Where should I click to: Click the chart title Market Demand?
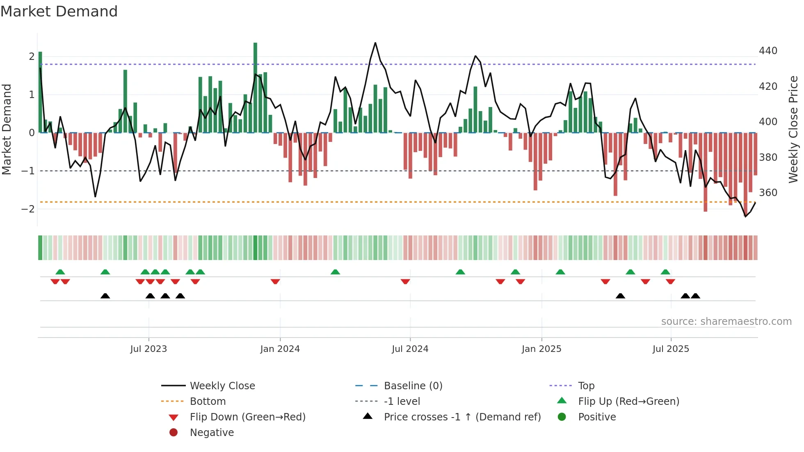tap(59, 11)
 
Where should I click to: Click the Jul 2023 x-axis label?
tap(148, 349)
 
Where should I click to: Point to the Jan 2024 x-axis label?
tap(280, 349)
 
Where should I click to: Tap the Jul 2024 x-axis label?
tap(410, 349)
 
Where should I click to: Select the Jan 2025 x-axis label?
tap(541, 349)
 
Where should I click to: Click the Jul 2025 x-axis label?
tap(671, 349)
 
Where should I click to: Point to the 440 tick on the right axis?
tap(768, 51)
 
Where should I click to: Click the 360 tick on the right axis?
tap(768, 193)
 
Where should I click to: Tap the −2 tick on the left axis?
tap(28, 209)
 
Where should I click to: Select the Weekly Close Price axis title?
tap(793, 129)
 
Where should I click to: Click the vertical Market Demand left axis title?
tap(7, 129)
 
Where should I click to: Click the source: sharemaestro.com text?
tap(726, 322)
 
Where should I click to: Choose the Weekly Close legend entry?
tap(222, 386)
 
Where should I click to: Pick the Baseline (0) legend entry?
tap(413, 386)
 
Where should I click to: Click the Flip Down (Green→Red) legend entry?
tap(247, 417)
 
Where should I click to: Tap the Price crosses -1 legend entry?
tap(462, 417)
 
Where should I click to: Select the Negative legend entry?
tap(212, 433)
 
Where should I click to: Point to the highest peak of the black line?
tap(375, 43)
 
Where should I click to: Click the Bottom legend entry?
tap(208, 402)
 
